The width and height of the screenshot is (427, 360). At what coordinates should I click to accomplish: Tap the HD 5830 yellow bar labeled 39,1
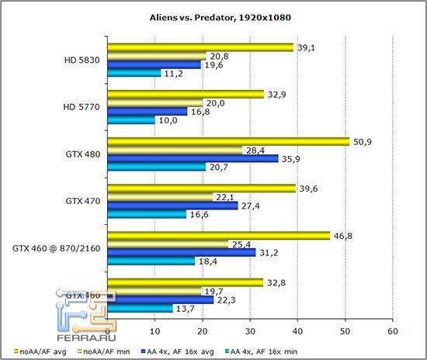point(200,47)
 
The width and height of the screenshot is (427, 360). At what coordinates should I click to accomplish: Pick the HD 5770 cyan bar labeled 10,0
point(131,120)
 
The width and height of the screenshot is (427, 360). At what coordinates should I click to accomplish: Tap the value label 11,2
point(173,74)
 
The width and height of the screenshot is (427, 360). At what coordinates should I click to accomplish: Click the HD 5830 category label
point(83,61)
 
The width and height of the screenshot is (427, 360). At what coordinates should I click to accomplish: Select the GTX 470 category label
point(82,199)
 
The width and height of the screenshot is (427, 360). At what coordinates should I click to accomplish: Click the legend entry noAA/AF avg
point(36,349)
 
